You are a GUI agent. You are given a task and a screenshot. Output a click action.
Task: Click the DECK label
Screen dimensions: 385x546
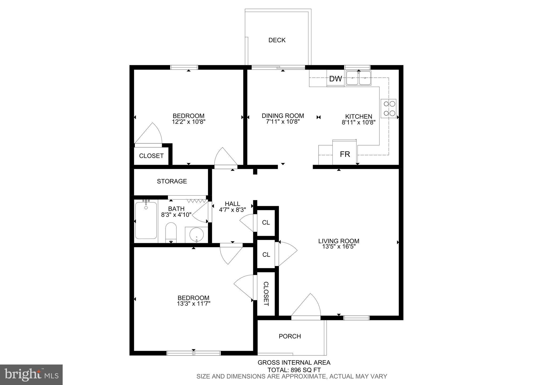277,40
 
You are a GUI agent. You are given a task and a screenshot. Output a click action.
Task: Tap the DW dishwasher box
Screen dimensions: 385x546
335,79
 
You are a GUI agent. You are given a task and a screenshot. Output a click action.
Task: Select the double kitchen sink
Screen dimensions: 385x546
358,78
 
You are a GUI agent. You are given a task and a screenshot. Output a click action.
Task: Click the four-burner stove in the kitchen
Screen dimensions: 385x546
388,109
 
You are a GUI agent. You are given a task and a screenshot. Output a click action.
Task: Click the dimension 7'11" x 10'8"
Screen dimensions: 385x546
283,122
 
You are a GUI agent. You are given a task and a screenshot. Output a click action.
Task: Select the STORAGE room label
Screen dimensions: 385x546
172,181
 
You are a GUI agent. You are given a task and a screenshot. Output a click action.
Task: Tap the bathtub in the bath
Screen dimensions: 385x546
146,221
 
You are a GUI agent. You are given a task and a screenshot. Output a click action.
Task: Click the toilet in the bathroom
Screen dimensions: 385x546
171,232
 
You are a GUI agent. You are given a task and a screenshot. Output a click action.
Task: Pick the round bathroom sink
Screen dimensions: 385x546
196,235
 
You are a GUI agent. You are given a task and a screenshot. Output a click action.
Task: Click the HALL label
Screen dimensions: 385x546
232,204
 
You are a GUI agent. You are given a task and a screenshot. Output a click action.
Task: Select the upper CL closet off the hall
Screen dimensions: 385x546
266,223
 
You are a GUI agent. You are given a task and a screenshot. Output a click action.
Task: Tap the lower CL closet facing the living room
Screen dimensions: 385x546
266,255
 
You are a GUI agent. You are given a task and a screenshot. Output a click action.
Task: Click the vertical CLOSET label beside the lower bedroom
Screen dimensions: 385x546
266,294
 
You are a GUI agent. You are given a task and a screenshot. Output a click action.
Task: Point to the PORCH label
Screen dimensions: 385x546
290,336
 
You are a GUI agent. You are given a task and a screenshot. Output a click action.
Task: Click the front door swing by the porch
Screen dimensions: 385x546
307,306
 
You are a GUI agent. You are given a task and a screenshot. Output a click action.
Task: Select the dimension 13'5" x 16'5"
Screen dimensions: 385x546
339,247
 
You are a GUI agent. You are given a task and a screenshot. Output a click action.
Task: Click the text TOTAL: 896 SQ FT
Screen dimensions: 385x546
294,370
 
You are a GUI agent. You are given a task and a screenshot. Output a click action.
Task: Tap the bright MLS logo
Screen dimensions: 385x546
31,375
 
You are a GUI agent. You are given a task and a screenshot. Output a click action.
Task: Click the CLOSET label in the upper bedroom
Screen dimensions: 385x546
151,156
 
